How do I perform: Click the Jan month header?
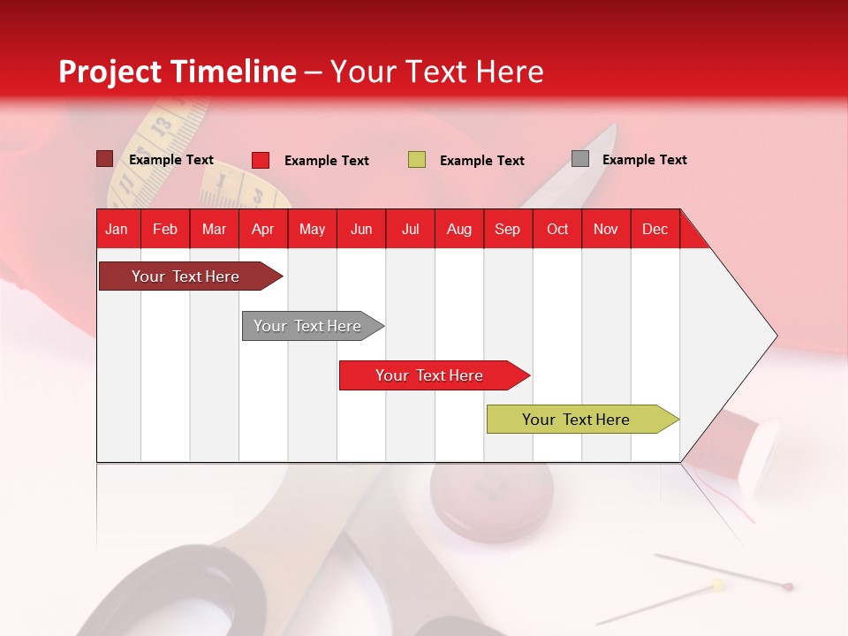[x=117, y=230]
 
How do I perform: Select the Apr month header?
[x=263, y=230]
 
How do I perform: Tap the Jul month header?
[x=411, y=230]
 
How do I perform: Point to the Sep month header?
[x=507, y=230]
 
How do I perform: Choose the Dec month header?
[x=655, y=230]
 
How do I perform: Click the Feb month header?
[x=165, y=230]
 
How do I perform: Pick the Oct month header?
[x=557, y=230]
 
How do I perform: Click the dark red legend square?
[x=104, y=159]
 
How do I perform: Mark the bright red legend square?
[x=261, y=160]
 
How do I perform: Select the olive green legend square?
[x=417, y=160]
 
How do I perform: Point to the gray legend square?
[x=580, y=159]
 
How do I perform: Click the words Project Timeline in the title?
[x=177, y=72]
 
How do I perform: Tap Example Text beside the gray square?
[x=644, y=160]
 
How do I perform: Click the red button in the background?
[x=491, y=499]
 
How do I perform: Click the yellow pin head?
[x=718, y=584]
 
